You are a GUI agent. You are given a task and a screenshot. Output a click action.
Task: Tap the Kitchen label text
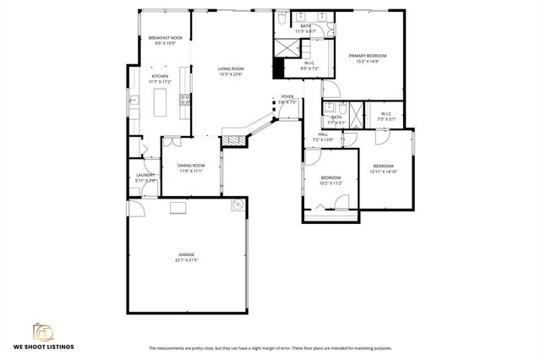[x=160, y=76]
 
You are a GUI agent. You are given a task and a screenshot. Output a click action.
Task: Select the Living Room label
[x=230, y=70]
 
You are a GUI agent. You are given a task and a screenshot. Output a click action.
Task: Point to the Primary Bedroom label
[x=363, y=57]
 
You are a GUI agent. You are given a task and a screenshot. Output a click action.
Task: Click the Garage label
[x=186, y=254]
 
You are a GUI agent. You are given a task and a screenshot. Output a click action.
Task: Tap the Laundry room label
[x=145, y=175]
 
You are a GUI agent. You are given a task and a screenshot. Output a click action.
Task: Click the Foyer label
[x=288, y=97]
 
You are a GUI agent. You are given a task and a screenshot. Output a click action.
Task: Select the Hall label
[x=323, y=134]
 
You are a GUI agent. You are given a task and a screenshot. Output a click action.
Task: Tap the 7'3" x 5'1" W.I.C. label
[x=385, y=115]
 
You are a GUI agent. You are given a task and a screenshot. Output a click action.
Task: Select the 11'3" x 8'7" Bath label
[x=305, y=28]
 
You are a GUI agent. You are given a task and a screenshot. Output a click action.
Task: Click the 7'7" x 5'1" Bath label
[x=336, y=117]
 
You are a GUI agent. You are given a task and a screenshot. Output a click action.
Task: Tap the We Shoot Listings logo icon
[x=42, y=332]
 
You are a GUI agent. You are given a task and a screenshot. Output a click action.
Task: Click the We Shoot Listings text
[x=42, y=347]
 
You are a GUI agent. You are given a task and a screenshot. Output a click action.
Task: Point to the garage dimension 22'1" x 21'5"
[x=186, y=259]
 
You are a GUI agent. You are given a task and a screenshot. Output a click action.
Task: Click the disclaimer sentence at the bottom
[x=270, y=348]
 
